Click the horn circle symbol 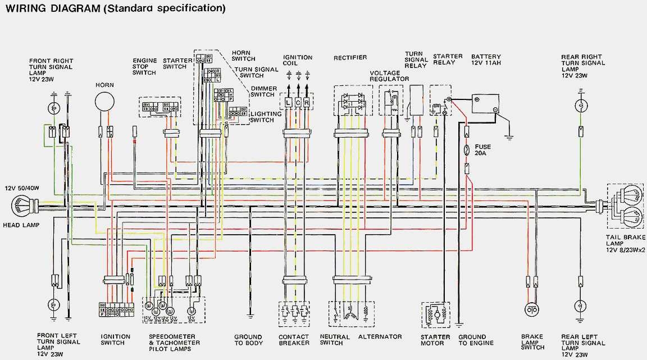tap(104, 102)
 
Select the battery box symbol tap(484, 104)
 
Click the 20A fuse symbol tap(467, 151)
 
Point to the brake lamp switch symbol tap(531, 309)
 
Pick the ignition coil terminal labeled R tap(307, 103)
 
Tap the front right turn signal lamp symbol tap(54, 107)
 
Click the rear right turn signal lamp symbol tap(581, 106)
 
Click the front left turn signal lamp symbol tap(54, 304)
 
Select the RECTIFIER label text tap(350, 58)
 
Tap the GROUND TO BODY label tap(248, 340)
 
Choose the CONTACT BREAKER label tap(294, 340)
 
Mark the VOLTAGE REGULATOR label tap(389, 76)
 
